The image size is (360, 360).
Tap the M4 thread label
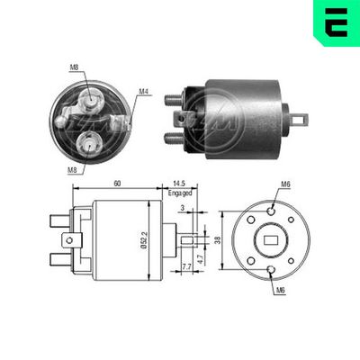(x=145, y=92)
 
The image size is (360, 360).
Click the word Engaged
(x=180, y=193)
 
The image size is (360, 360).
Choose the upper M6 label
(x=284, y=185)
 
